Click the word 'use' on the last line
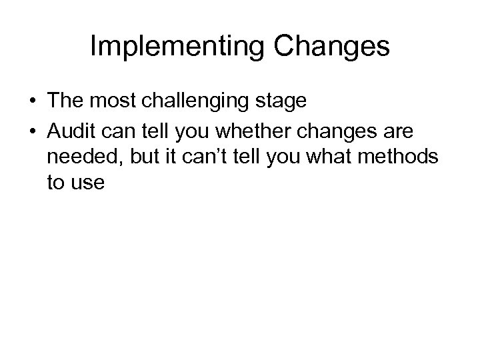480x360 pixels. [x=88, y=183]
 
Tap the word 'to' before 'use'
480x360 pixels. [x=56, y=183]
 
